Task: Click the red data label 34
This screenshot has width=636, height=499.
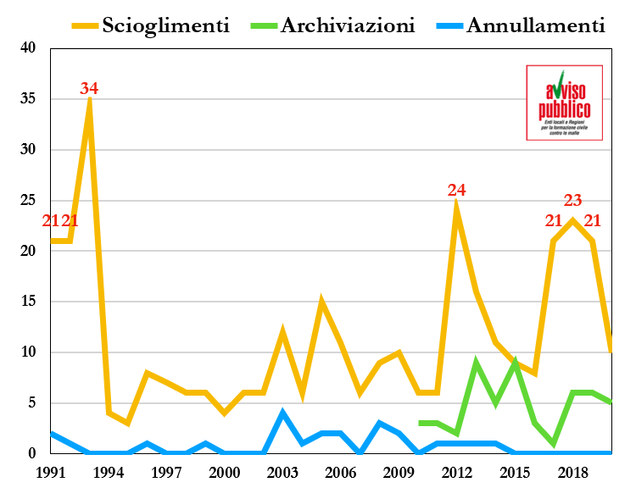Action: click(89, 88)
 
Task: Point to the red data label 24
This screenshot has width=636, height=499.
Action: click(457, 190)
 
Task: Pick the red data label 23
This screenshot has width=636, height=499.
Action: click(572, 201)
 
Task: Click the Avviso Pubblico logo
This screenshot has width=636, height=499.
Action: click(564, 102)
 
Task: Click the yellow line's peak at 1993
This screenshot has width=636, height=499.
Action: click(89, 101)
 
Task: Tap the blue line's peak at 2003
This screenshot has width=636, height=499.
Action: click(282, 413)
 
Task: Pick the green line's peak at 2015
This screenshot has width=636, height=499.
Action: click(515, 363)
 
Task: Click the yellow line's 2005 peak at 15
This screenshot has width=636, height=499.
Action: click(321, 302)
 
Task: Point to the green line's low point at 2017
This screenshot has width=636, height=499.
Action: click(553, 443)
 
